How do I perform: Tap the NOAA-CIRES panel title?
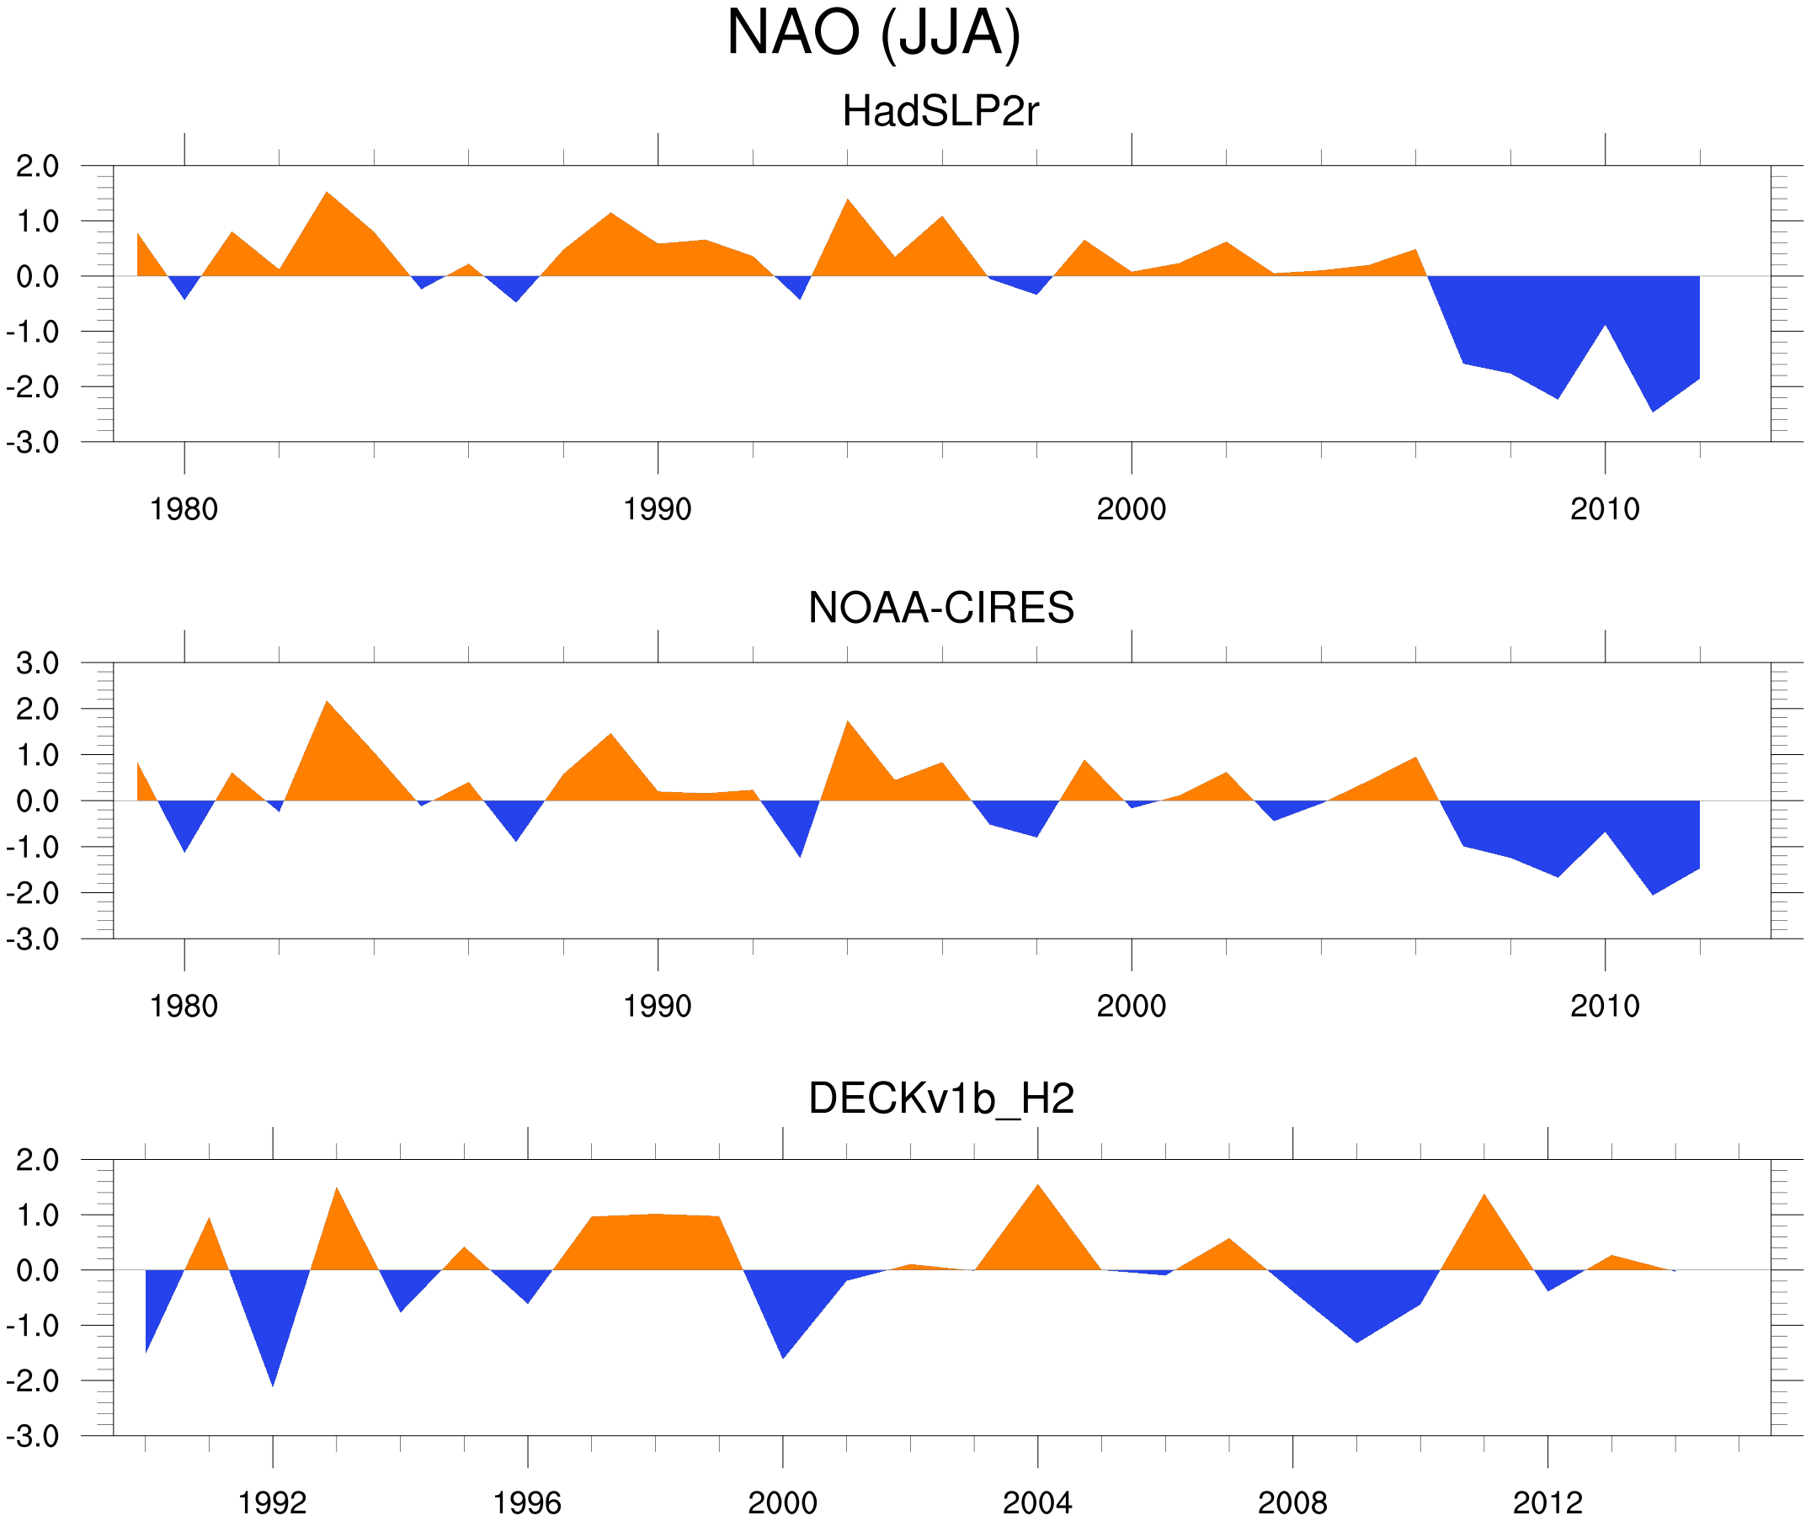[940, 608]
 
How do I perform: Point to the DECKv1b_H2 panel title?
[940, 1098]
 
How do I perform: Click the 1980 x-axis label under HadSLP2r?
[184, 509]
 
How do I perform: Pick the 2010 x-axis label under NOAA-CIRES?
[1604, 1006]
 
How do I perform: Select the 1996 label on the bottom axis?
[527, 1502]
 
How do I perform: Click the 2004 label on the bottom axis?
[1037, 1502]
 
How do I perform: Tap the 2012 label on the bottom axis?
[1547, 1502]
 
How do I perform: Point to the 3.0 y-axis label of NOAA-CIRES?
[38, 664]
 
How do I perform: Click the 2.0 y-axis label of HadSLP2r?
[38, 167]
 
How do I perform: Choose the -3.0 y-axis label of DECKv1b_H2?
[33, 1437]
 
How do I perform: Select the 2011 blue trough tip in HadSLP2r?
[1653, 409]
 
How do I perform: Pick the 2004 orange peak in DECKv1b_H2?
[1037, 1189]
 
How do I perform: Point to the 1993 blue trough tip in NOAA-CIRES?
[801, 854]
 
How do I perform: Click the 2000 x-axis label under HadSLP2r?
[1131, 509]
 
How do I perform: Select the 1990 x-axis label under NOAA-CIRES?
[658, 1006]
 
